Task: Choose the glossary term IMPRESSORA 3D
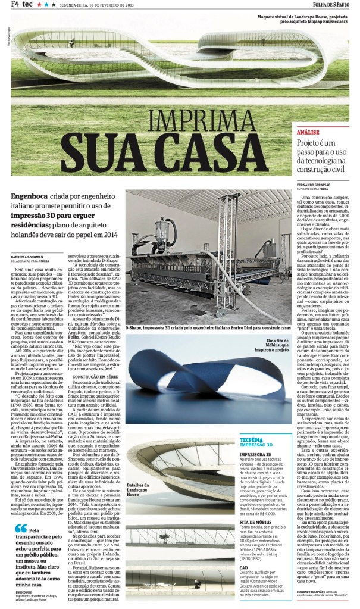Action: click(x=256, y=471)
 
